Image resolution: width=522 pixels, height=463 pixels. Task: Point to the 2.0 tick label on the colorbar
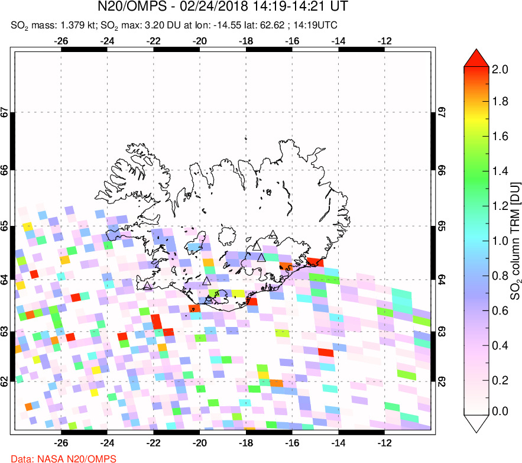(501, 69)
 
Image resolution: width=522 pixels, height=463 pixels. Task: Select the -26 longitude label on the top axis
(60, 41)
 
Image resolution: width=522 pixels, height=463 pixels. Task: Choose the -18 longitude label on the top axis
(246, 41)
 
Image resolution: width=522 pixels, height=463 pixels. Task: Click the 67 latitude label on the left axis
(5, 112)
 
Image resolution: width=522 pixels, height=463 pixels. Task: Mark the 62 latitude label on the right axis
(441, 383)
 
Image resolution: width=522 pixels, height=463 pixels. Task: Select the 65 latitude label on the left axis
(5, 227)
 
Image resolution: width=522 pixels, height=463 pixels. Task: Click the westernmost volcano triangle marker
(147, 286)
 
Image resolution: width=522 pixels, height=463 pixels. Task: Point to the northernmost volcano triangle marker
(272, 235)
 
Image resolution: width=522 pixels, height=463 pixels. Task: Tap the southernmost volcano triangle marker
(208, 300)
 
